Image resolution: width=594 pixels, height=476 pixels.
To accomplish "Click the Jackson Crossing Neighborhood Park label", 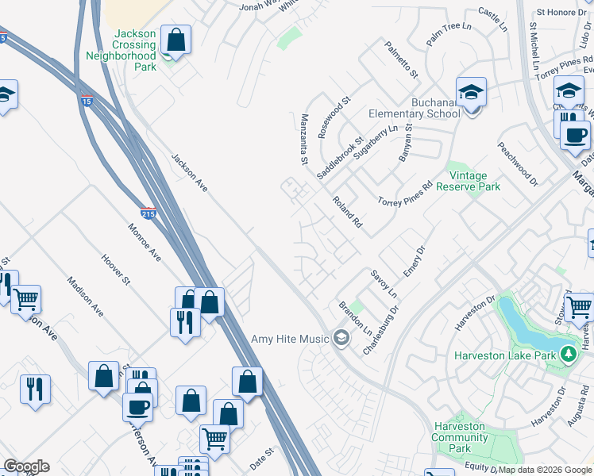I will pyautogui.click(x=134, y=50).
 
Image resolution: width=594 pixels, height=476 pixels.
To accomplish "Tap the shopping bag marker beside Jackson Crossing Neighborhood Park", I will pyautogui.click(x=175, y=39).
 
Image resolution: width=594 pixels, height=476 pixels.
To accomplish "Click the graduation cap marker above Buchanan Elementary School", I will pyautogui.click(x=471, y=92).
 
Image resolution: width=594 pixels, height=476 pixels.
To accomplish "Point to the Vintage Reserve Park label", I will pyautogui.click(x=475, y=181).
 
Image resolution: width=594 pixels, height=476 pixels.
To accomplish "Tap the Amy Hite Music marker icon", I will pyautogui.click(x=341, y=339).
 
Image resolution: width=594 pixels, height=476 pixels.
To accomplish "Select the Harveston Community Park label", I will pyautogui.click(x=459, y=437).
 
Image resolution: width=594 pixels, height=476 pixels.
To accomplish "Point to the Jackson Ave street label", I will pyautogui.click(x=189, y=172).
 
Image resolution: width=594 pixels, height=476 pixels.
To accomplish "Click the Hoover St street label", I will pyautogui.click(x=116, y=269).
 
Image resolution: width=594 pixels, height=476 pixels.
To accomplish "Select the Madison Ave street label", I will pyautogui.click(x=85, y=297).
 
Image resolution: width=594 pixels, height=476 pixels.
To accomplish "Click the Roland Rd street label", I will pyautogui.click(x=347, y=213).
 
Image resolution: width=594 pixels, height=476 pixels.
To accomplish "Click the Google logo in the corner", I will pyautogui.click(x=26, y=466).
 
